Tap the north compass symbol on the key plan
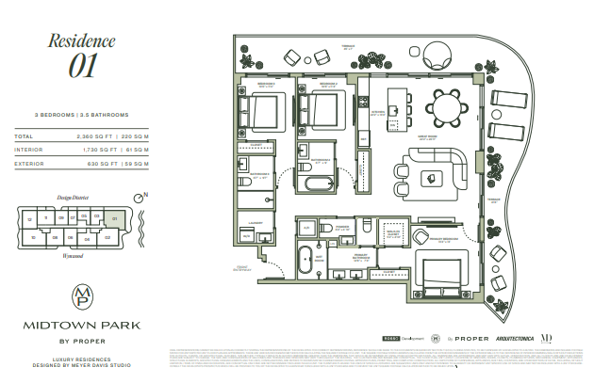(x=141, y=199)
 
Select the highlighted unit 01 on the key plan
(x=115, y=219)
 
